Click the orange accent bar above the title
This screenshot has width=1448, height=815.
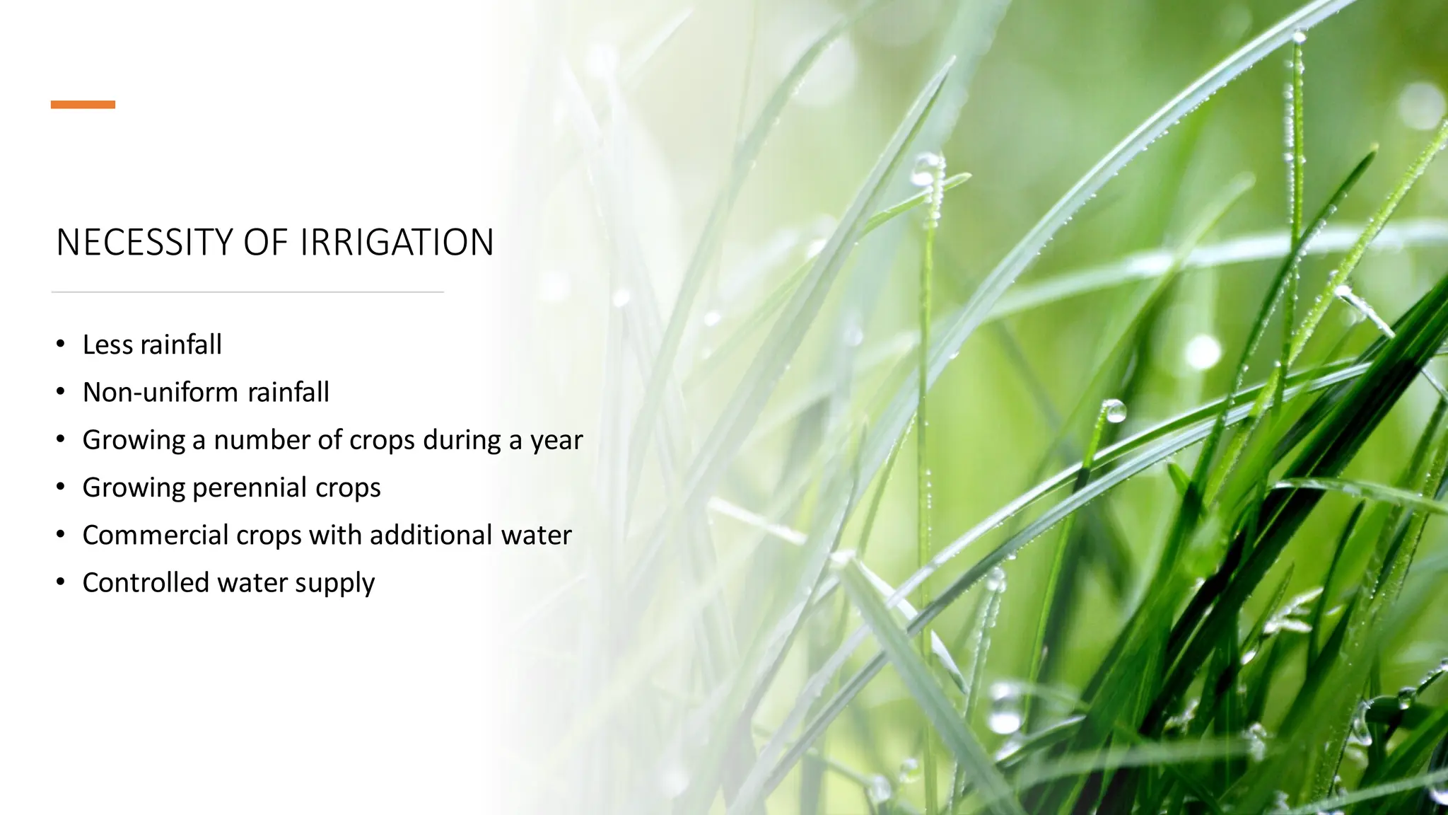(x=83, y=105)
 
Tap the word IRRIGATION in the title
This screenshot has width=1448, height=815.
(x=396, y=243)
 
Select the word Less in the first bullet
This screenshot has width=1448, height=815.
(x=107, y=345)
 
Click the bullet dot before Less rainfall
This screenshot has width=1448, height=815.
(x=62, y=345)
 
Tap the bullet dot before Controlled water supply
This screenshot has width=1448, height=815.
(x=62, y=582)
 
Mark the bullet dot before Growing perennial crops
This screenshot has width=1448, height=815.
(x=62, y=487)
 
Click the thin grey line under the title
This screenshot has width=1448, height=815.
(x=247, y=291)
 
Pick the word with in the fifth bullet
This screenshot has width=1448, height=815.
(x=335, y=536)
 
